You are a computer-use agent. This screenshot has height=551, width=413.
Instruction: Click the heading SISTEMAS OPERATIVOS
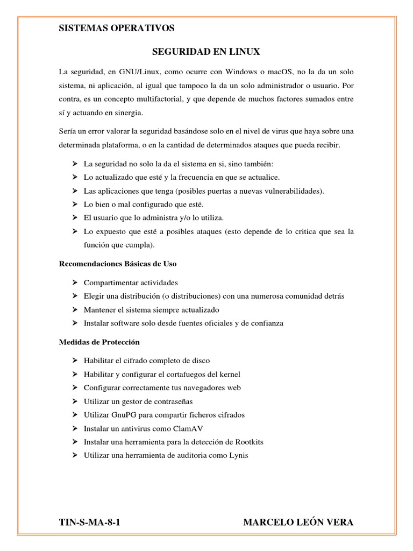tap(116, 29)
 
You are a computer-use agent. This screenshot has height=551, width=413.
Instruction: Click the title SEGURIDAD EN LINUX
tap(206, 52)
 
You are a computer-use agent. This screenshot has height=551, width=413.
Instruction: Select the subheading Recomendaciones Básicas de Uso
tap(117, 264)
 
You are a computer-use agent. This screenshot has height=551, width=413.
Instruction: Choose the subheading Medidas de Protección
tap(98, 342)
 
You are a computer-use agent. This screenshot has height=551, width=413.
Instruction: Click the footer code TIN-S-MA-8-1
tap(88, 522)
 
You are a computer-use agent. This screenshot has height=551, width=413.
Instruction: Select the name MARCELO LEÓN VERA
tap(298, 522)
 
